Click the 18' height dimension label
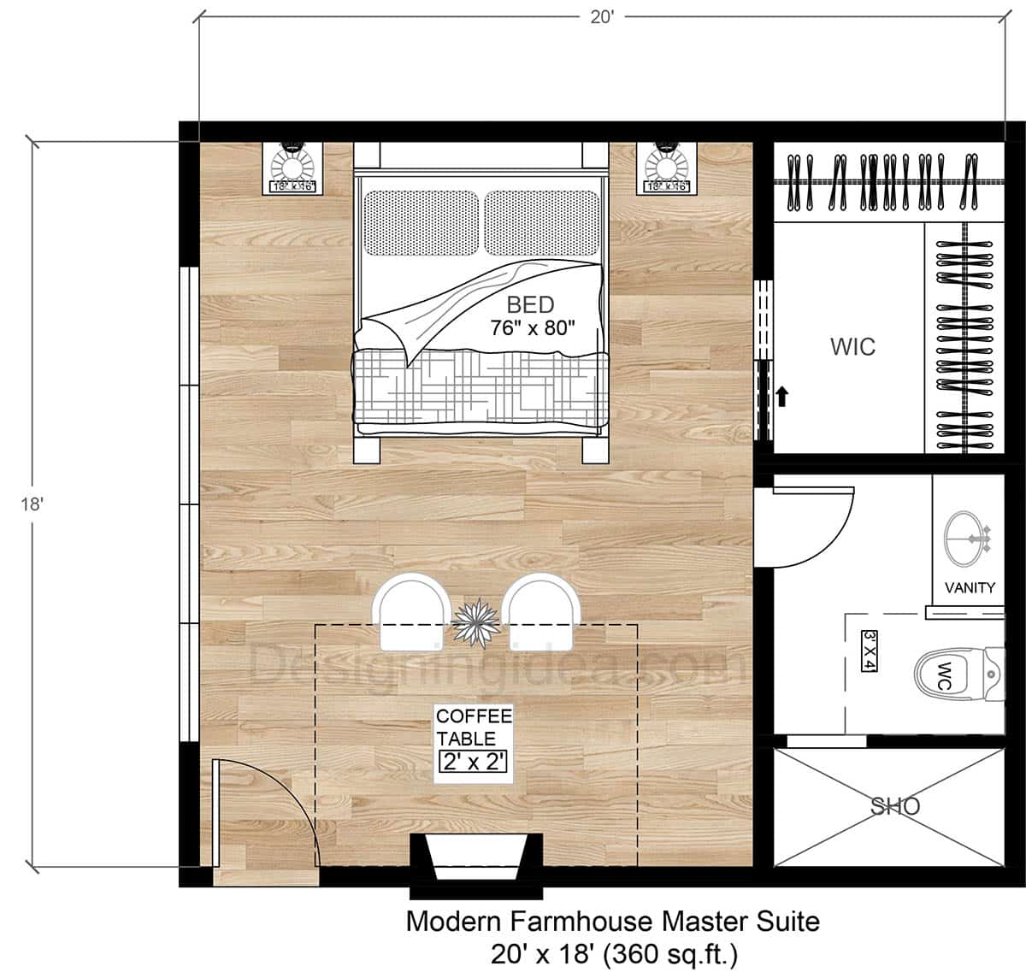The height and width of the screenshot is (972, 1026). (32, 504)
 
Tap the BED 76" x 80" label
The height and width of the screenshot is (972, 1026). (531, 316)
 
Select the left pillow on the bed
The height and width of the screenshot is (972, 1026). (422, 222)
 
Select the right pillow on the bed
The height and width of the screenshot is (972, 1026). (542, 222)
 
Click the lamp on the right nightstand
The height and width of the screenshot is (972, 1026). (667, 162)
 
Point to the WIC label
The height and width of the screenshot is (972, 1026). (852, 346)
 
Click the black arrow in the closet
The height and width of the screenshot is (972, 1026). (782, 396)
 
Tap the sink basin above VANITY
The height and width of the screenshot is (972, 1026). (967, 538)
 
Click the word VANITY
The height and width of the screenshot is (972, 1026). (970, 587)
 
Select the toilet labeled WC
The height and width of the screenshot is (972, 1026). (953, 672)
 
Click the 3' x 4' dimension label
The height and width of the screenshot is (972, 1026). (870, 651)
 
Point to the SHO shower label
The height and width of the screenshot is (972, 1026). (894, 805)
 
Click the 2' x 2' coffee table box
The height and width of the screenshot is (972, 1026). (474, 761)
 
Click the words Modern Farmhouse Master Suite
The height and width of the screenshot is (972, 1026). (612, 922)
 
